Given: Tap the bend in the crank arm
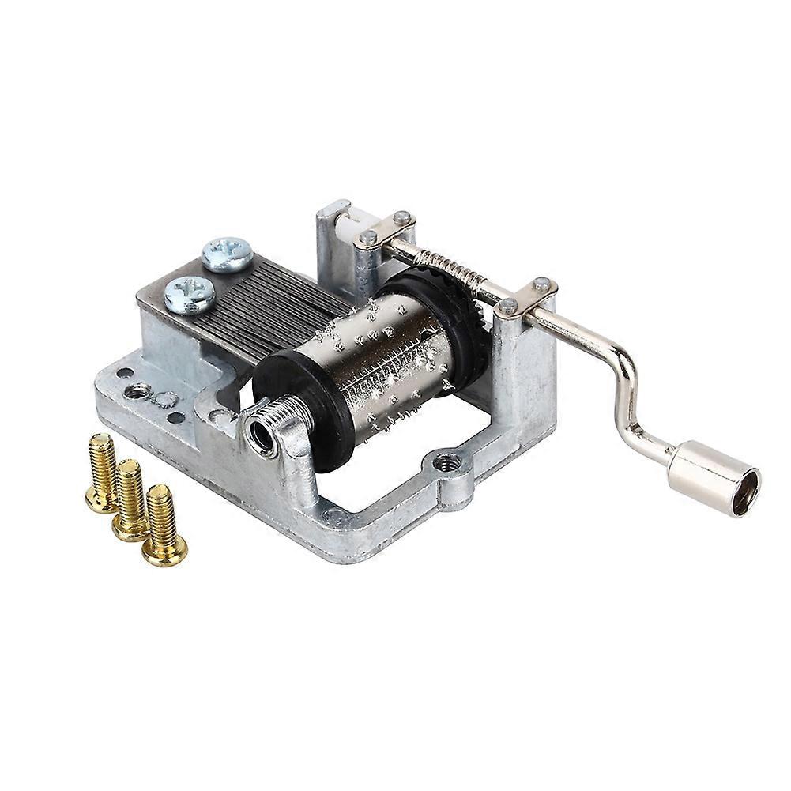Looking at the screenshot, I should click(623, 371).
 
